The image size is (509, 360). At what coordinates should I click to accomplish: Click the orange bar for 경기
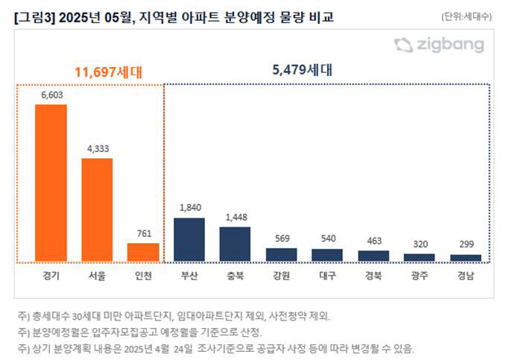tap(51, 183)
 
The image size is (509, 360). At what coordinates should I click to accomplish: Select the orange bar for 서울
tap(97, 209)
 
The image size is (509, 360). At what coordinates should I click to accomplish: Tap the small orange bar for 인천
tap(143, 252)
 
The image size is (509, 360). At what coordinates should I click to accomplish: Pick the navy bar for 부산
tap(189, 239)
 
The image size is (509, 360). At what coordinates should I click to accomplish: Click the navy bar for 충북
tap(235, 244)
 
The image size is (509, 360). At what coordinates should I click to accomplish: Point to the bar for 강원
tap(281, 254)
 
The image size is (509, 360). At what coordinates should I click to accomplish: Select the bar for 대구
tap(327, 254)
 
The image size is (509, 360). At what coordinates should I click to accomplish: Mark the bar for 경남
tap(466, 257)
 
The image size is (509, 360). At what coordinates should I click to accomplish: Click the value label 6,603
tap(51, 95)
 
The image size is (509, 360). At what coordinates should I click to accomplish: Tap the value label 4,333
tap(98, 149)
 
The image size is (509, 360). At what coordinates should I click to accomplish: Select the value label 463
tap(373, 241)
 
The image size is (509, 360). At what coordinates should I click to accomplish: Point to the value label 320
tap(420, 244)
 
